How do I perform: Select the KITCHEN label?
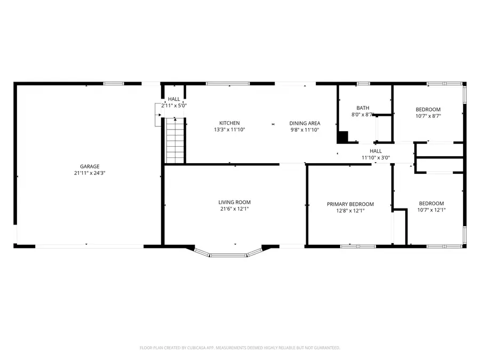pos(229,123)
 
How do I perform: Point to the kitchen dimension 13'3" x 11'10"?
pos(229,130)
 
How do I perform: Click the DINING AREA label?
pos(305,123)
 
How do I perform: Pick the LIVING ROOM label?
pos(234,202)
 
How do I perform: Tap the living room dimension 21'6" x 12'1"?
pos(234,209)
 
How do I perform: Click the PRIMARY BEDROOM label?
pos(350,204)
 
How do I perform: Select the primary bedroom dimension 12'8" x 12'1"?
pos(350,211)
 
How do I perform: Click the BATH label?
pos(363,108)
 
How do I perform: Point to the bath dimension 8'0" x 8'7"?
pos(363,115)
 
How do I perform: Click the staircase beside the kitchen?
pos(175,141)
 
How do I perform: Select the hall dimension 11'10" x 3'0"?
pos(375,158)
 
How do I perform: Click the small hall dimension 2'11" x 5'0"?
pos(174,106)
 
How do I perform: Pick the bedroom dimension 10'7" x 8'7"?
pos(428,116)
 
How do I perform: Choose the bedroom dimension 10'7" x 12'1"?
pos(431,210)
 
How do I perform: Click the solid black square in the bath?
pos(342,137)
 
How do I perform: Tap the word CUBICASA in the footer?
pos(198,348)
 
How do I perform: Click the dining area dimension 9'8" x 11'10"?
pos(305,130)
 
